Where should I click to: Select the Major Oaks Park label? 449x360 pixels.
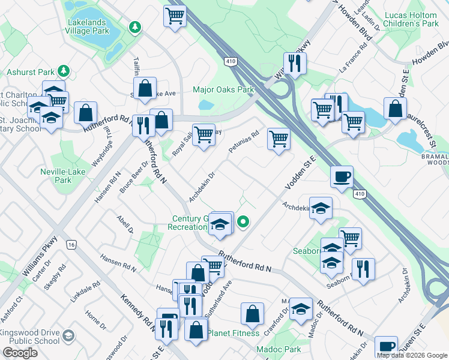click(223, 90)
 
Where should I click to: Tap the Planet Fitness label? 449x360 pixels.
click(234, 333)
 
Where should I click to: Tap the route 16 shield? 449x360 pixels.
click(71, 245)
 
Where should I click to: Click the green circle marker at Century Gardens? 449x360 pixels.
click(243, 222)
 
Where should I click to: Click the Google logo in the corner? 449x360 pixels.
click(20, 353)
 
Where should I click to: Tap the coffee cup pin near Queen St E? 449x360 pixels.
click(386, 347)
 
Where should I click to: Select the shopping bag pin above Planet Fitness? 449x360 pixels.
click(253, 313)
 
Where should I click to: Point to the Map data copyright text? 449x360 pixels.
click(411, 355)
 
